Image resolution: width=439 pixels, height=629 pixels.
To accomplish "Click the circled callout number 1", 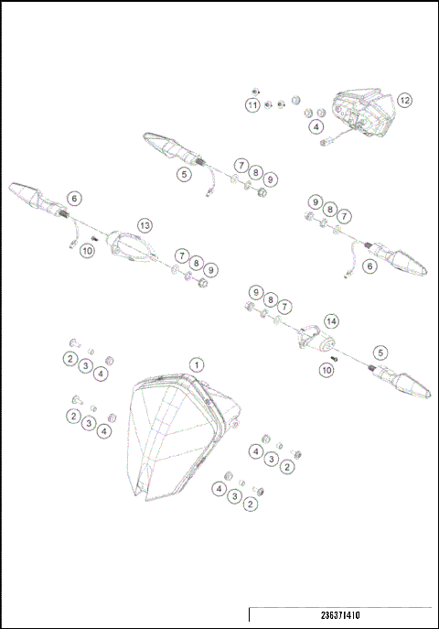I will point(195,364).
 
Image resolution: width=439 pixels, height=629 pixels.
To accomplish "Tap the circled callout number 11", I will point(252,106).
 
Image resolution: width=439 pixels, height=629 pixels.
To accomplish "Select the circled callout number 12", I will point(404,100).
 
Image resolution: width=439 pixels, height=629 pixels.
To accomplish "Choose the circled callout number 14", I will point(331,321).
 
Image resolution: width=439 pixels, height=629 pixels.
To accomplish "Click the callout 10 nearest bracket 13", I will point(88,251).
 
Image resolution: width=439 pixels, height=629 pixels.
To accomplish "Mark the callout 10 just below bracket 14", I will point(327,370).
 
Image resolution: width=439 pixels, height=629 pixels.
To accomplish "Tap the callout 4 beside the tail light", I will point(316,126).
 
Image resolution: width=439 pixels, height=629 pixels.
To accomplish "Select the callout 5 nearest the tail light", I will point(185,172).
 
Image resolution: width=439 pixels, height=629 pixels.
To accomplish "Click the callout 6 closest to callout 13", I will point(74,197).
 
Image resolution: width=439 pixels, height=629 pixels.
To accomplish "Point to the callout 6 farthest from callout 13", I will point(369,266).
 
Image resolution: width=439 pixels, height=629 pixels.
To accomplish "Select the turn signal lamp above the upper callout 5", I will point(165,144).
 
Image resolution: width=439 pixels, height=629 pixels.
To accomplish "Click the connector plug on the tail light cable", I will point(325,142).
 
